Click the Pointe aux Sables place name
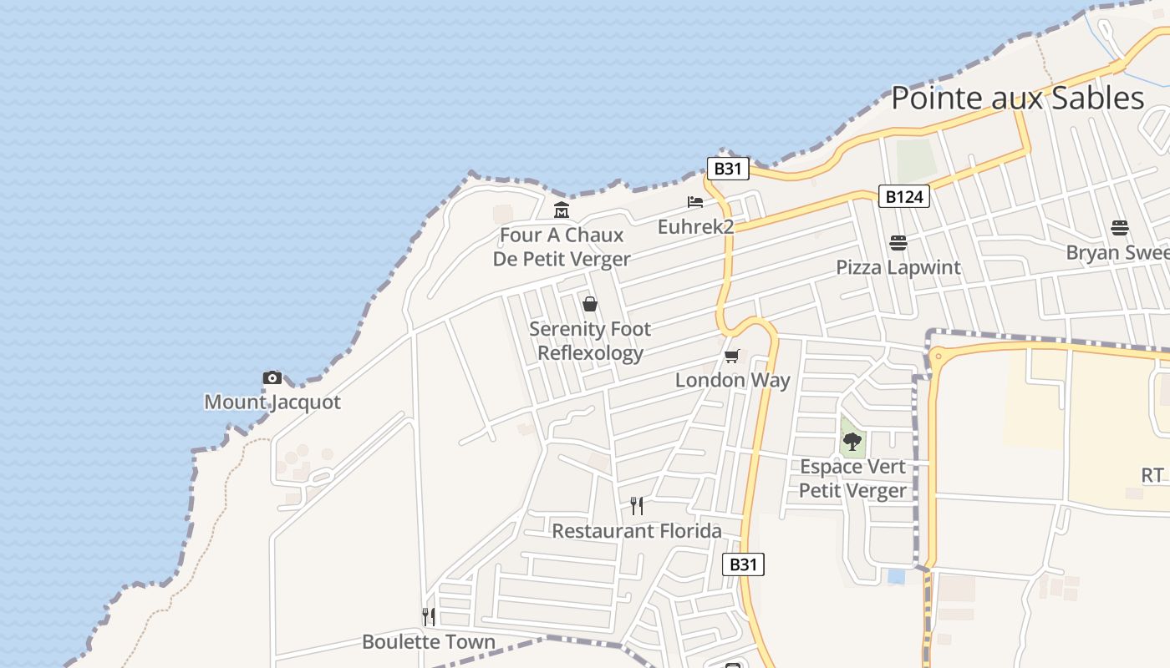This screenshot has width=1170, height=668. point(1016,99)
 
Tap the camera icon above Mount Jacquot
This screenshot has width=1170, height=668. point(272,378)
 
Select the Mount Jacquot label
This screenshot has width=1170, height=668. point(272,402)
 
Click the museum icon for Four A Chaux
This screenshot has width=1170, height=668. point(562,210)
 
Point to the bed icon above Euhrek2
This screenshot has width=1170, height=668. point(694,202)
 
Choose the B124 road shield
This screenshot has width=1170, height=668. point(904,197)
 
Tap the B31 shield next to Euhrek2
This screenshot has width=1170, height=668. point(728,169)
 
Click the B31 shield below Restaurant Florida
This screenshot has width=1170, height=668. point(743,564)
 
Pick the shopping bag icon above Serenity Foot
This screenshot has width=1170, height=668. point(590,304)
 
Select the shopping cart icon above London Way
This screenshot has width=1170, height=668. point(732,357)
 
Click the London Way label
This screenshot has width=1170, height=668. point(732,381)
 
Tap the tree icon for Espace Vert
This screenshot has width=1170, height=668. point(852,442)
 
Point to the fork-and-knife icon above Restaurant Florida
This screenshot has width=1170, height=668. point(637,506)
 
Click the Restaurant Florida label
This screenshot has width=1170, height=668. point(637,531)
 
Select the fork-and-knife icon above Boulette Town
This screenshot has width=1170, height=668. point(429,617)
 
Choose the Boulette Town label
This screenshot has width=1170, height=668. point(429,642)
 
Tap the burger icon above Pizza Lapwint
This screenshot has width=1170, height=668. point(898,243)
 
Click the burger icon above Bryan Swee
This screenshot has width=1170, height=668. point(1120,228)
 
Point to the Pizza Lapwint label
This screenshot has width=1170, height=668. point(898,268)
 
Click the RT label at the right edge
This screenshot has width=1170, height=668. point(1152,476)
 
